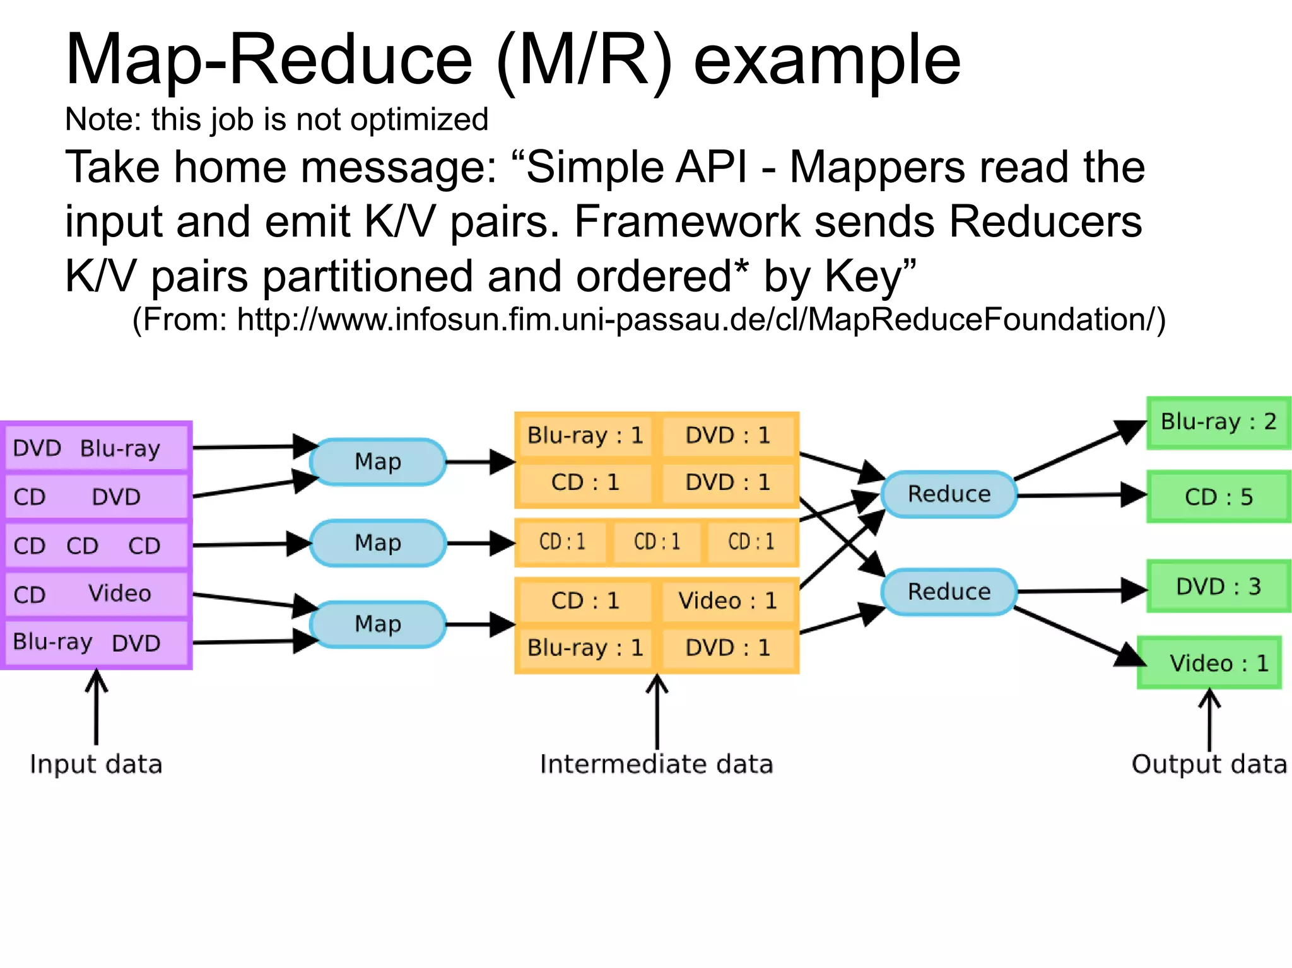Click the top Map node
pyautogui.click(x=378, y=462)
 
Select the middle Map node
pyautogui.click(x=378, y=543)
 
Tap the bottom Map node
pyautogui.click(x=378, y=624)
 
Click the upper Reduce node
pyautogui.click(x=949, y=494)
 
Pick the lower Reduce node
pyautogui.click(x=949, y=592)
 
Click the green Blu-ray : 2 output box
pyautogui.click(x=1218, y=422)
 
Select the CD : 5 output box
pyautogui.click(x=1218, y=497)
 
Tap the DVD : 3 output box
pyautogui.click(x=1218, y=587)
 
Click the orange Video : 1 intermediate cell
pyautogui.click(x=727, y=601)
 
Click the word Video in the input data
pyautogui.click(x=120, y=593)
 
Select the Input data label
pyautogui.click(x=96, y=764)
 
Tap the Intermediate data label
pyautogui.click(x=656, y=764)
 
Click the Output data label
pyautogui.click(x=1209, y=764)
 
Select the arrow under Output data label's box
pyautogui.click(x=1209, y=719)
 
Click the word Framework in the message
pyautogui.click(x=686, y=222)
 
